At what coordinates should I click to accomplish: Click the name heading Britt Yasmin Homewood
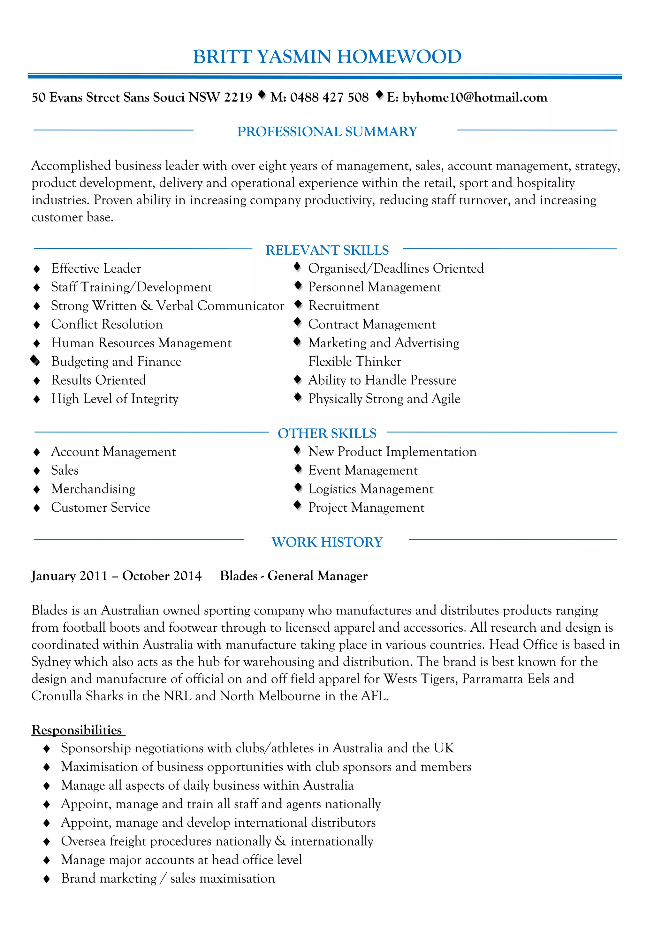click(x=327, y=57)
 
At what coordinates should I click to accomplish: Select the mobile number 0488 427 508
click(x=329, y=97)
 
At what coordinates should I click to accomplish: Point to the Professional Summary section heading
click(x=327, y=132)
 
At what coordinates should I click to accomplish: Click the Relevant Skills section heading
click(x=327, y=250)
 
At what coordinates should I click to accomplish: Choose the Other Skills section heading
click(x=327, y=433)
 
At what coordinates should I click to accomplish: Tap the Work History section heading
click(x=327, y=542)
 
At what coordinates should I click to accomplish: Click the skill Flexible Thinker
click(x=354, y=361)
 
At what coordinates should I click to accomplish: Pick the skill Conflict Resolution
click(x=107, y=324)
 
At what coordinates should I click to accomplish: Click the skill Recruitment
click(x=343, y=306)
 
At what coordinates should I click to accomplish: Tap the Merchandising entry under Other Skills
click(x=93, y=489)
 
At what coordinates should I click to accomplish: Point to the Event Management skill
click(x=363, y=470)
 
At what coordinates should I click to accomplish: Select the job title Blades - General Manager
click(x=293, y=576)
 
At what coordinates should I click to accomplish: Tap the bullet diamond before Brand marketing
click(x=46, y=879)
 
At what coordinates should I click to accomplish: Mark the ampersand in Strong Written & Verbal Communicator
click(x=146, y=306)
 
